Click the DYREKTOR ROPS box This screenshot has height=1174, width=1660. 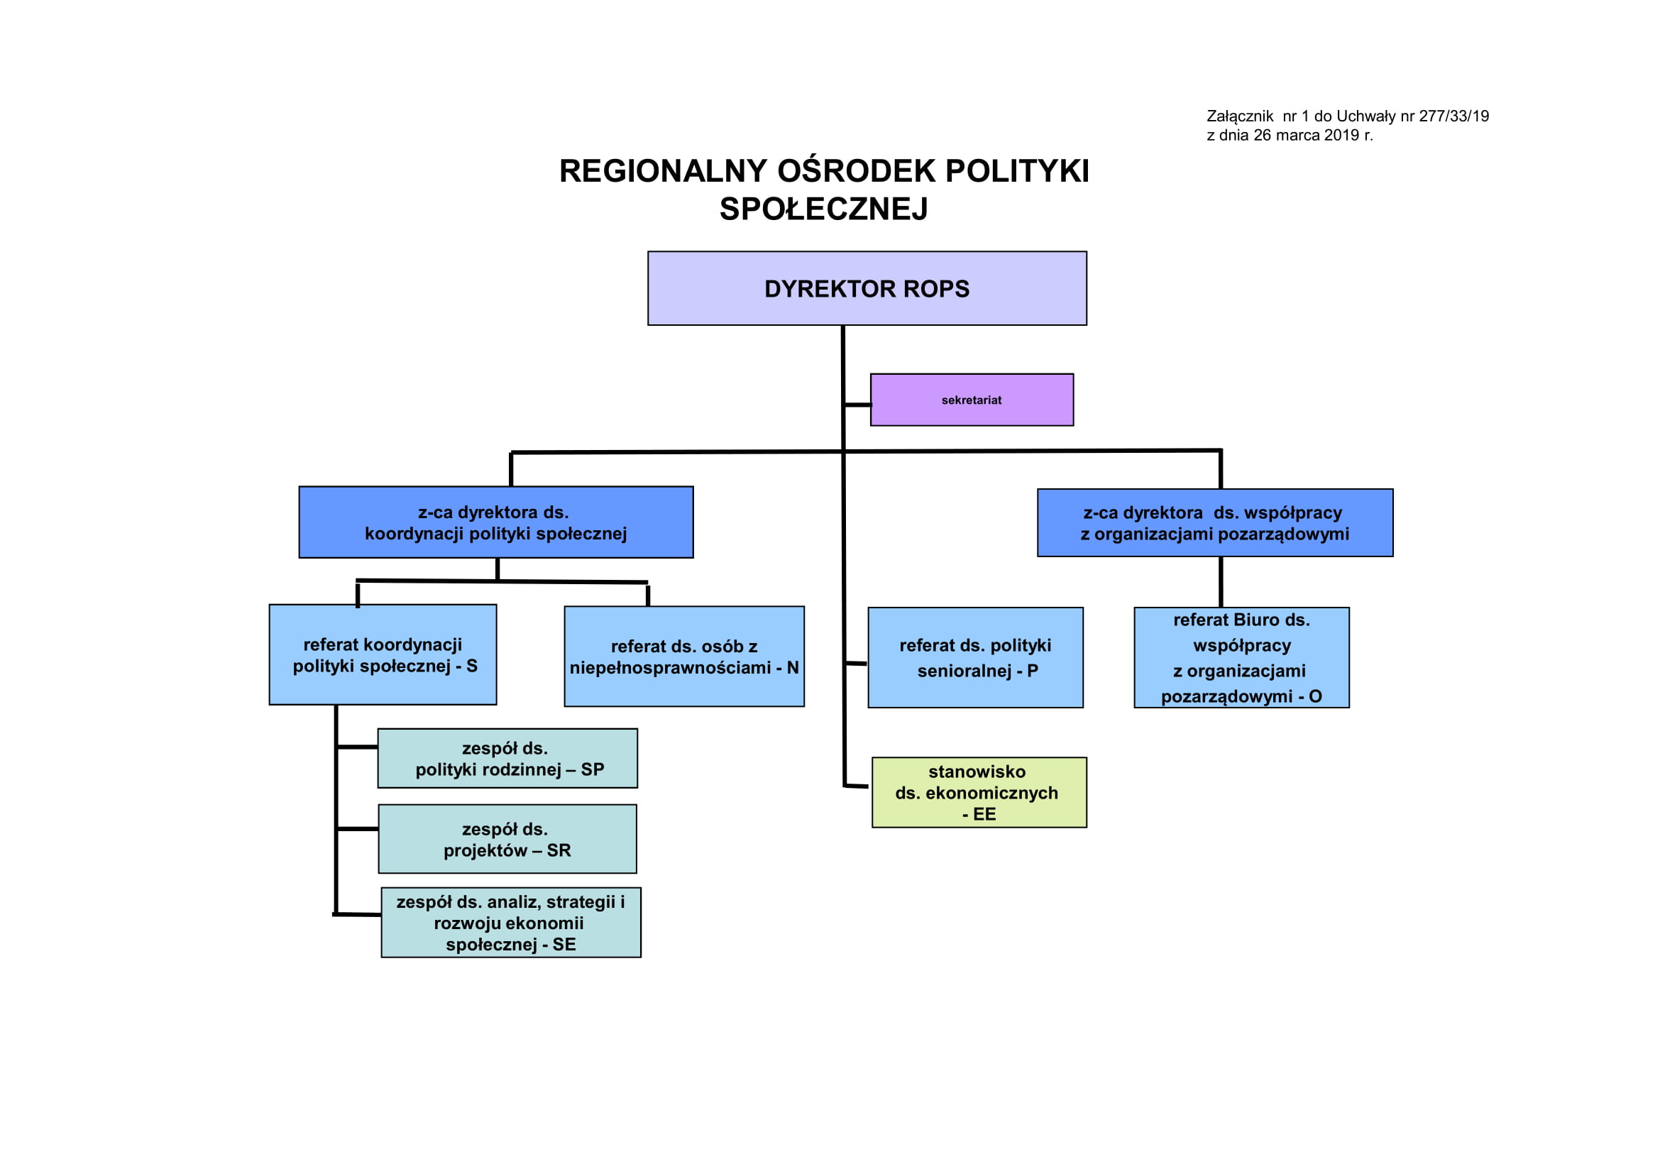867,288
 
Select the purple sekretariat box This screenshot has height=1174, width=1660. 972,400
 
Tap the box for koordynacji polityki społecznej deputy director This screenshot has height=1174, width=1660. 496,522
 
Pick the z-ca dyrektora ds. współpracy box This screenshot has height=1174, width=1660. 1214,522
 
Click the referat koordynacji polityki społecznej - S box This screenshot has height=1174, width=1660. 383,654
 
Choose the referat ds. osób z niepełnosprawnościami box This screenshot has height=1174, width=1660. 684,657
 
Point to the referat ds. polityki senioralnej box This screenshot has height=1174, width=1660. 975,657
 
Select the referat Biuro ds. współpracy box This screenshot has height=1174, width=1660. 1241,657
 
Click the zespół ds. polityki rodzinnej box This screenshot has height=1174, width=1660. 507,758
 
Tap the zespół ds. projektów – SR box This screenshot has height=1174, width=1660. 507,839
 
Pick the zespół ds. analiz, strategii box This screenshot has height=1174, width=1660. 511,923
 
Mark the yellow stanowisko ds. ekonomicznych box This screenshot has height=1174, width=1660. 979,792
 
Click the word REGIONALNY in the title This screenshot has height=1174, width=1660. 663,170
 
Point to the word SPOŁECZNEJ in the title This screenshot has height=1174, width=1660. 823,209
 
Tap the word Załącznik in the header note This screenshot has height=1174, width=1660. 1240,116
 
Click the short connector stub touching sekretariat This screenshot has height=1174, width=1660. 857,405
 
